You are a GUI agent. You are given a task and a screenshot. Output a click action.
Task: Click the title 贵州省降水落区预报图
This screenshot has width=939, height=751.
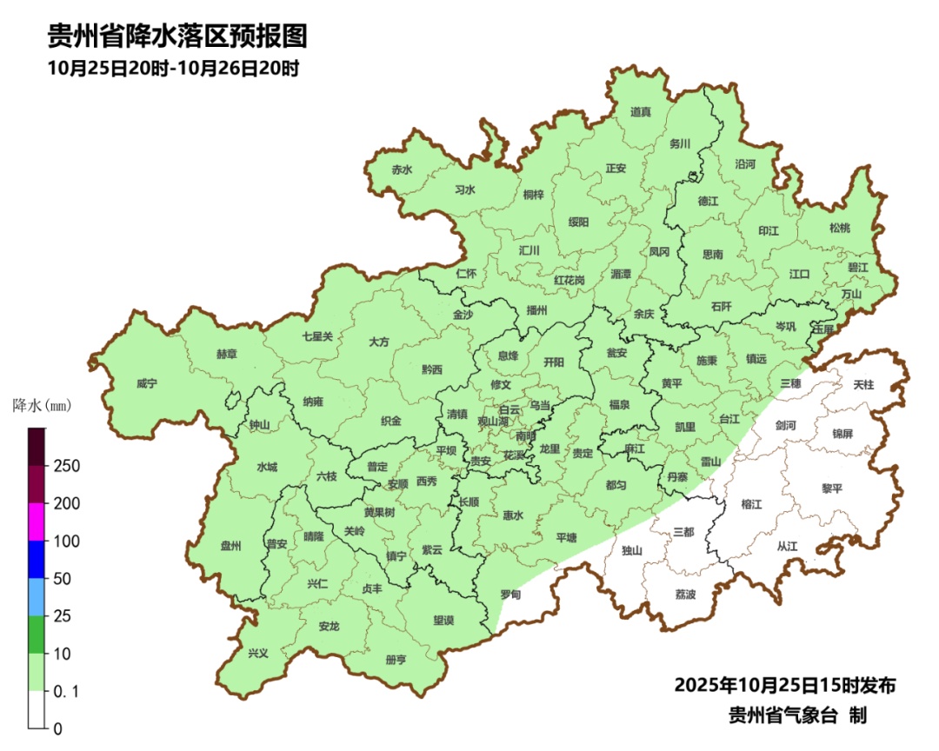coord(177,37)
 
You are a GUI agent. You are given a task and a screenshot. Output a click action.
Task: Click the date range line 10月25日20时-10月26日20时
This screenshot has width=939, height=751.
coord(173,68)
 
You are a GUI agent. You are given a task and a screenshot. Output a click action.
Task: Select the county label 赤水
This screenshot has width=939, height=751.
coord(402,170)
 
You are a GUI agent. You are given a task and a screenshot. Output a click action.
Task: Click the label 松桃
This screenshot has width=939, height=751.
coord(839,228)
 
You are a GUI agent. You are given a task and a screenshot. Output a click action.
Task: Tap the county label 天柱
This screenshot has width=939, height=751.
coord(863,384)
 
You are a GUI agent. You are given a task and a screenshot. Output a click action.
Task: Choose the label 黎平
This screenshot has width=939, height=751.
coord(832,488)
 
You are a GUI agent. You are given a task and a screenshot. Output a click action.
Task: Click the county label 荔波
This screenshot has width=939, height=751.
coord(685,595)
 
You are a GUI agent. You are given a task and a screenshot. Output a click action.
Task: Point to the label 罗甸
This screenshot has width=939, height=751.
coord(510,595)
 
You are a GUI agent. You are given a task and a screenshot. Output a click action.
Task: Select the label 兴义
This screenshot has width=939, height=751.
coord(258,654)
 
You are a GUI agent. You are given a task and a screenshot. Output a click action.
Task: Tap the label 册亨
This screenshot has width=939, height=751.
coord(396,660)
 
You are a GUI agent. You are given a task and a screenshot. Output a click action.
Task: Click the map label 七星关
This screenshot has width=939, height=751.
coord(317,336)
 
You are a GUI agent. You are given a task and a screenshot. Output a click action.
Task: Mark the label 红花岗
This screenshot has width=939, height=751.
coord(569,281)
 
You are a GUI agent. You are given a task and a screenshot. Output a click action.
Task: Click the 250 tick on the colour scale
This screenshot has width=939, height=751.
coord(67,466)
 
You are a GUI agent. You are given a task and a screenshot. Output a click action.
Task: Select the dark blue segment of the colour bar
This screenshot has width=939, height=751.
coord(37,559)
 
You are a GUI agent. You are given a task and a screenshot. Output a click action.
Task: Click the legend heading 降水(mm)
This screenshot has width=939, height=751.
coord(42,405)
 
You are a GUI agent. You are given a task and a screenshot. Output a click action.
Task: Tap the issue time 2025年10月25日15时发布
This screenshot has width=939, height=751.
coord(785,685)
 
